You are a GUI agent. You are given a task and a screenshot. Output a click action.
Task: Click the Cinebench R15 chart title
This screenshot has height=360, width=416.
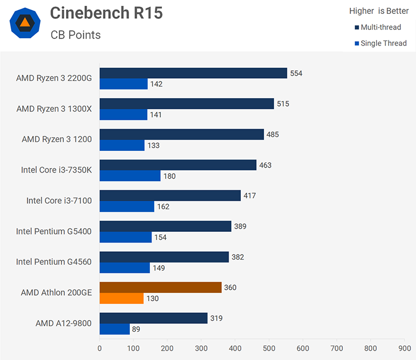106,13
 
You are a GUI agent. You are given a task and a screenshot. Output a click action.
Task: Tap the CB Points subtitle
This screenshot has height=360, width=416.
75,35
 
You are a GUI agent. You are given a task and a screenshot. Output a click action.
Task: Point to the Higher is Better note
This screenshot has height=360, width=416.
379,11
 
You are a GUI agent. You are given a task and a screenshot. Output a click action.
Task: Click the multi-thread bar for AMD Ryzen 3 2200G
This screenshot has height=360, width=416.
193,73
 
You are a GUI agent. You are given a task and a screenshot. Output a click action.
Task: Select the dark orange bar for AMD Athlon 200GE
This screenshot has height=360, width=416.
160,287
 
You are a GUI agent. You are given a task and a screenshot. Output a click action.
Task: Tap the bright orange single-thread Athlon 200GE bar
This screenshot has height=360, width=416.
121,298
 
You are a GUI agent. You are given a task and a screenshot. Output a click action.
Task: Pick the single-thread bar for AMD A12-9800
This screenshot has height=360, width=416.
114,329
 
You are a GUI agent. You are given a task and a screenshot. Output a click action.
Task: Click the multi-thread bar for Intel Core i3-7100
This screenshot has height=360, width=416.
170,195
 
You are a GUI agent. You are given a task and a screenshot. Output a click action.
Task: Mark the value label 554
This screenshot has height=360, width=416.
296,73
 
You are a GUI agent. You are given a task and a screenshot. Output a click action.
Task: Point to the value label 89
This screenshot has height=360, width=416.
136,329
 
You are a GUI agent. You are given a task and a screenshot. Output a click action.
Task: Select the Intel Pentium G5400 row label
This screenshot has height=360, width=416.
54,231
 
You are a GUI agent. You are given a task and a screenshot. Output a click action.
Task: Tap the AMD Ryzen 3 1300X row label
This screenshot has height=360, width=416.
54,109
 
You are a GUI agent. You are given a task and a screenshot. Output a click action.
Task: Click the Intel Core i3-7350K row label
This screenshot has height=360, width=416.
56,170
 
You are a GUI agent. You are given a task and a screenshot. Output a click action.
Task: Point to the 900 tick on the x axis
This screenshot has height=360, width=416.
404,348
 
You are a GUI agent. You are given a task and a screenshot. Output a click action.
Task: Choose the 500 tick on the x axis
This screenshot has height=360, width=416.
269,348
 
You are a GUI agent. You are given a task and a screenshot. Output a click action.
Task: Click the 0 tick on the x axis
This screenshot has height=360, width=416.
100,348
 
